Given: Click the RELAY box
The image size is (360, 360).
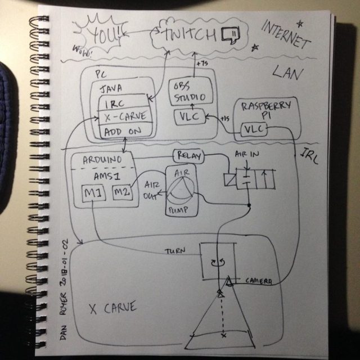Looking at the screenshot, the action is [x=188, y=155].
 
